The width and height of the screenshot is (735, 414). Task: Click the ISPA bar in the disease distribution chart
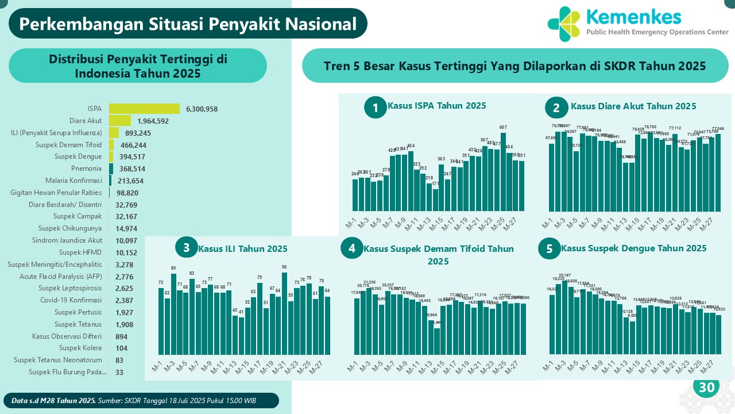click(x=144, y=109)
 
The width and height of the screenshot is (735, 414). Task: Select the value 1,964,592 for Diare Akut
click(x=153, y=121)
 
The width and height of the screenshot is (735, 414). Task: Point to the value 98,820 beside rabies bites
click(x=126, y=193)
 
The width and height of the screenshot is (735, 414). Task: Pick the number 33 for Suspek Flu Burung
click(x=119, y=372)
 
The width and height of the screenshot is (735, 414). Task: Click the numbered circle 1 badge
click(x=376, y=108)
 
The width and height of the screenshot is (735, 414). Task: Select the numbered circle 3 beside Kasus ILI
click(x=186, y=248)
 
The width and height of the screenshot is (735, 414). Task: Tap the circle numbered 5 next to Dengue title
click(x=550, y=249)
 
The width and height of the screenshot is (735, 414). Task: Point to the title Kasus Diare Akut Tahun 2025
click(x=633, y=106)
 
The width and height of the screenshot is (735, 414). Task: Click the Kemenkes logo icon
click(x=563, y=24)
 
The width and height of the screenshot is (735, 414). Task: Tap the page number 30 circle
click(x=706, y=388)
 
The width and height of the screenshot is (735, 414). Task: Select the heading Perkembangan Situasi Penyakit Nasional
click(x=188, y=24)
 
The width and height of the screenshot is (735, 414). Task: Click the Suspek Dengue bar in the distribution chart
click(x=111, y=156)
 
